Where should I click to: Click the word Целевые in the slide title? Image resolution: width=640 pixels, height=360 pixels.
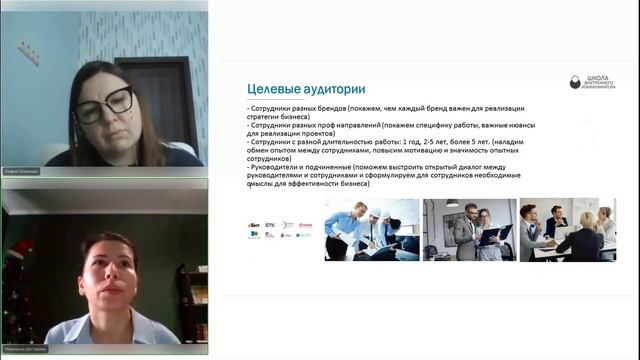(249, 88)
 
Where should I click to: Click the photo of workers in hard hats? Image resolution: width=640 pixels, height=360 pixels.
(371, 229)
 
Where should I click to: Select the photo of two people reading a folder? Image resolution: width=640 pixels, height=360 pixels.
(468, 229)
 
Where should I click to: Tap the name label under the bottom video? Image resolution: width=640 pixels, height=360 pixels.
(26, 351)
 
